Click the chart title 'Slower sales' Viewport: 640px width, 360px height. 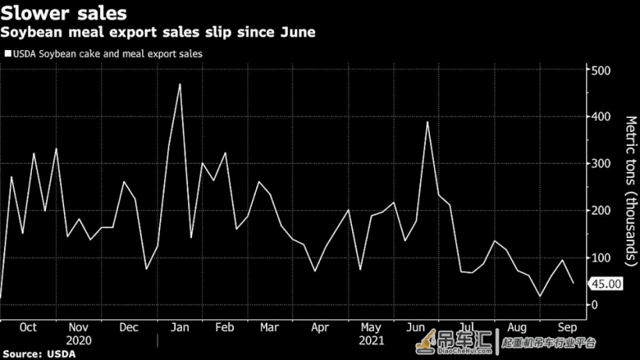tap(64, 13)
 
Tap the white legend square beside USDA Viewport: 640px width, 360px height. tap(8, 53)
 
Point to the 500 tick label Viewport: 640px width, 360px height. tap(601, 70)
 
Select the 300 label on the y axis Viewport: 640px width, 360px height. tap(601, 164)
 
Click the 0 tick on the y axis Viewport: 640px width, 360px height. tap(595, 305)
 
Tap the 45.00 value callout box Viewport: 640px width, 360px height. tap(606, 283)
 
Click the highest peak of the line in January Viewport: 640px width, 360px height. tap(180, 84)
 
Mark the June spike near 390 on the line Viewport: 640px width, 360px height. tap(428, 122)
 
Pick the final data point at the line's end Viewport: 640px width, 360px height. tap(574, 283)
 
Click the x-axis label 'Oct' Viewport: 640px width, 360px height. tap(28, 327)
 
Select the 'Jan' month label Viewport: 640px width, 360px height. tap(180, 327)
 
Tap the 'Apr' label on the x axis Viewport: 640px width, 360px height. tap(320, 327)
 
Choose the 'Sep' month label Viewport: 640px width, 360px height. tap(567, 327)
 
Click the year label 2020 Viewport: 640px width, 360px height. tap(79, 340)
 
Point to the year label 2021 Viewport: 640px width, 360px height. tap(372, 340)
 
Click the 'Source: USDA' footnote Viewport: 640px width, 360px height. tap(39, 354)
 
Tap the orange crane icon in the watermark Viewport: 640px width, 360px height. tap(425, 342)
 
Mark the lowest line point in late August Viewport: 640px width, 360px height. tap(540, 296)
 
